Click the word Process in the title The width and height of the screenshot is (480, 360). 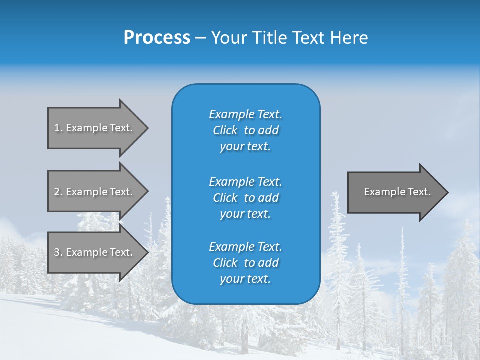(156, 38)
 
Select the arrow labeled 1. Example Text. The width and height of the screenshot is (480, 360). (95, 128)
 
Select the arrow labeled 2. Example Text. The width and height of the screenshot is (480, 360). (95, 192)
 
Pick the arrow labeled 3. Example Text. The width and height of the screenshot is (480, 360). (95, 252)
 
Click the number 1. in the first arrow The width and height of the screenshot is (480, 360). (58, 128)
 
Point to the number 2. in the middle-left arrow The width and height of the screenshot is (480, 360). (58, 192)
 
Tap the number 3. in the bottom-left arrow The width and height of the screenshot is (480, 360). (58, 252)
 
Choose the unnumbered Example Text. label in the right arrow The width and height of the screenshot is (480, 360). (397, 192)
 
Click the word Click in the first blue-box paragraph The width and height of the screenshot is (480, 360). (225, 130)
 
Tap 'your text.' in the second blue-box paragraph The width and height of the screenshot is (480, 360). (245, 214)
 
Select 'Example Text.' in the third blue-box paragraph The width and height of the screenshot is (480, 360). (245, 247)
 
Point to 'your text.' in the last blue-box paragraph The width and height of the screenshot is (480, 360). (245, 279)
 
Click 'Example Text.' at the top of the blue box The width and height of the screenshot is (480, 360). (245, 114)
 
